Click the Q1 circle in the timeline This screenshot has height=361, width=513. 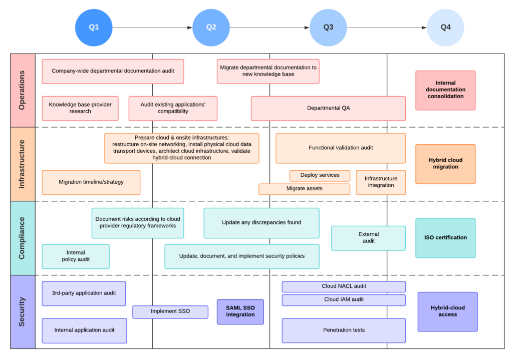(94, 28)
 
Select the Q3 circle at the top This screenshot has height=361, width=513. (328, 28)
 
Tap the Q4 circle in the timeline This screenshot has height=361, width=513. (445, 28)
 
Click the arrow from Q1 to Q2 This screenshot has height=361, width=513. (153, 28)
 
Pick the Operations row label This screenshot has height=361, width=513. (23, 90)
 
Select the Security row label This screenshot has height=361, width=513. (23, 311)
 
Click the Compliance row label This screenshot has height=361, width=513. (23, 238)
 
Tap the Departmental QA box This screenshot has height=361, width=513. (328, 108)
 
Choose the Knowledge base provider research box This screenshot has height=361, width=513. (80, 108)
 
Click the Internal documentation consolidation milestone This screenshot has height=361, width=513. (445, 90)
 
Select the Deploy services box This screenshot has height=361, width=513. (320, 175)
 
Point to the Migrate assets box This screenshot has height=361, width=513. (304, 189)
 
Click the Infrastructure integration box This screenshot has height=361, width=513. (381, 182)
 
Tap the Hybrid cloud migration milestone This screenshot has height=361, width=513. (445, 164)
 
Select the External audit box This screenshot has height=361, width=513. (368, 238)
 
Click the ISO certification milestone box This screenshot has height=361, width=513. (445, 238)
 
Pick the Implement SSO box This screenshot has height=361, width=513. (170, 311)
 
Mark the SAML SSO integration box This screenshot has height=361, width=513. (240, 311)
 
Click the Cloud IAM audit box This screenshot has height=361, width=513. (344, 299)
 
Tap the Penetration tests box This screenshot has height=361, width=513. (344, 330)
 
